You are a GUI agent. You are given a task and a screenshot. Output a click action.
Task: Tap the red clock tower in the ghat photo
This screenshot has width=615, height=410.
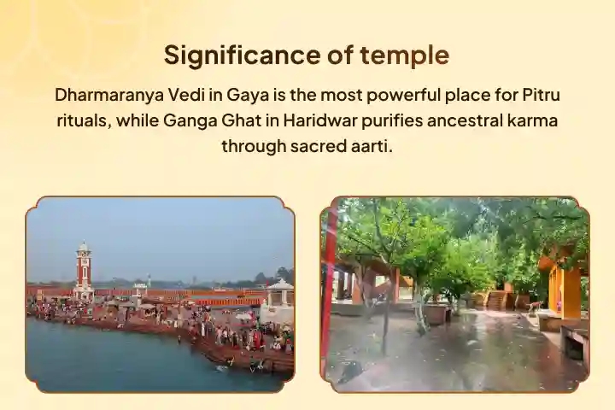[x=83, y=269]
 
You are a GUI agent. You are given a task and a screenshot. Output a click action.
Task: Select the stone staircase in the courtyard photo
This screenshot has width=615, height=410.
[x=495, y=300]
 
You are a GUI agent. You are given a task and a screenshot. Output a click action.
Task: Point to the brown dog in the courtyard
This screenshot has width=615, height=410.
[x=534, y=305]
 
